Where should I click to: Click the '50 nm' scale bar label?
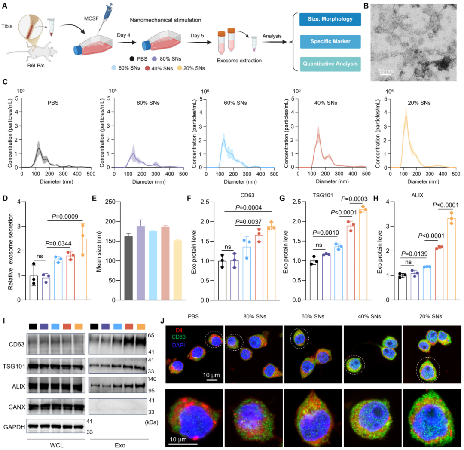[x=385, y=70]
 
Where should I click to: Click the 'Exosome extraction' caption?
[x=240, y=61]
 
